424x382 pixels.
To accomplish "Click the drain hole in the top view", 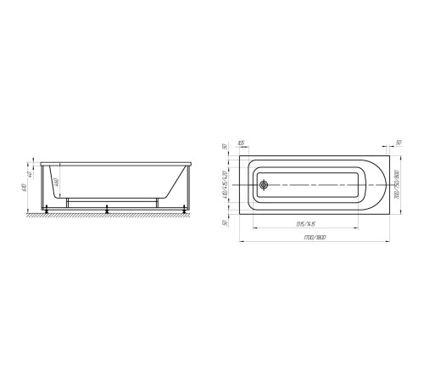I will click(264, 185).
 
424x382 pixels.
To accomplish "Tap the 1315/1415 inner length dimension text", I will click(306, 222).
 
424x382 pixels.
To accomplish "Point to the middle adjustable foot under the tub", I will click(106, 207).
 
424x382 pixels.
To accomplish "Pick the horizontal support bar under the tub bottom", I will click(110, 201).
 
